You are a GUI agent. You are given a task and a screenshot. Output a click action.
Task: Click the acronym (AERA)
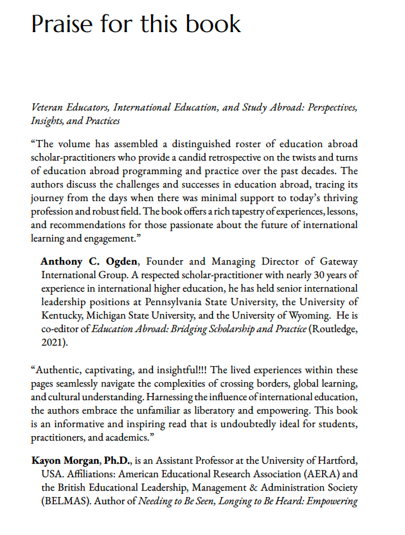point(318,474)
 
